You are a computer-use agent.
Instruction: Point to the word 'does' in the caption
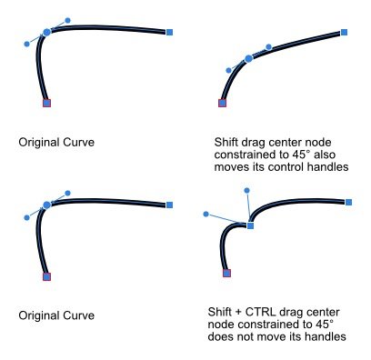point(222,337)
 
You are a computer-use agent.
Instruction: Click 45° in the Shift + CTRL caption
point(324,324)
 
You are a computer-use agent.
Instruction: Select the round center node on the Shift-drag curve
point(249,59)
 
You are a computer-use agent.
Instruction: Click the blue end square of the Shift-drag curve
point(344,33)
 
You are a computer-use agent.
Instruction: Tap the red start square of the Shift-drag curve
point(222,103)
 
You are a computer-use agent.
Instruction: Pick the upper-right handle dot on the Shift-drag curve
point(268,46)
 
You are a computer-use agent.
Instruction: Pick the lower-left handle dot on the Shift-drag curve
point(228,70)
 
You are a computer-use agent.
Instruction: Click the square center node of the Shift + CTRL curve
point(250,225)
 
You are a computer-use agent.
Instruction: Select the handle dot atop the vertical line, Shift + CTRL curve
point(246,190)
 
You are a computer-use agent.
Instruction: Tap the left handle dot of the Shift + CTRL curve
point(206,214)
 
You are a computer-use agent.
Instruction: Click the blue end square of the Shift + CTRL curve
point(349,202)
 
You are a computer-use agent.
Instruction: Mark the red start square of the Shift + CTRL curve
point(226,273)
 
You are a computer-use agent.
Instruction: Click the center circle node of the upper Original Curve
point(47,32)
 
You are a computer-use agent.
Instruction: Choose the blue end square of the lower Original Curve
point(170,204)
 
